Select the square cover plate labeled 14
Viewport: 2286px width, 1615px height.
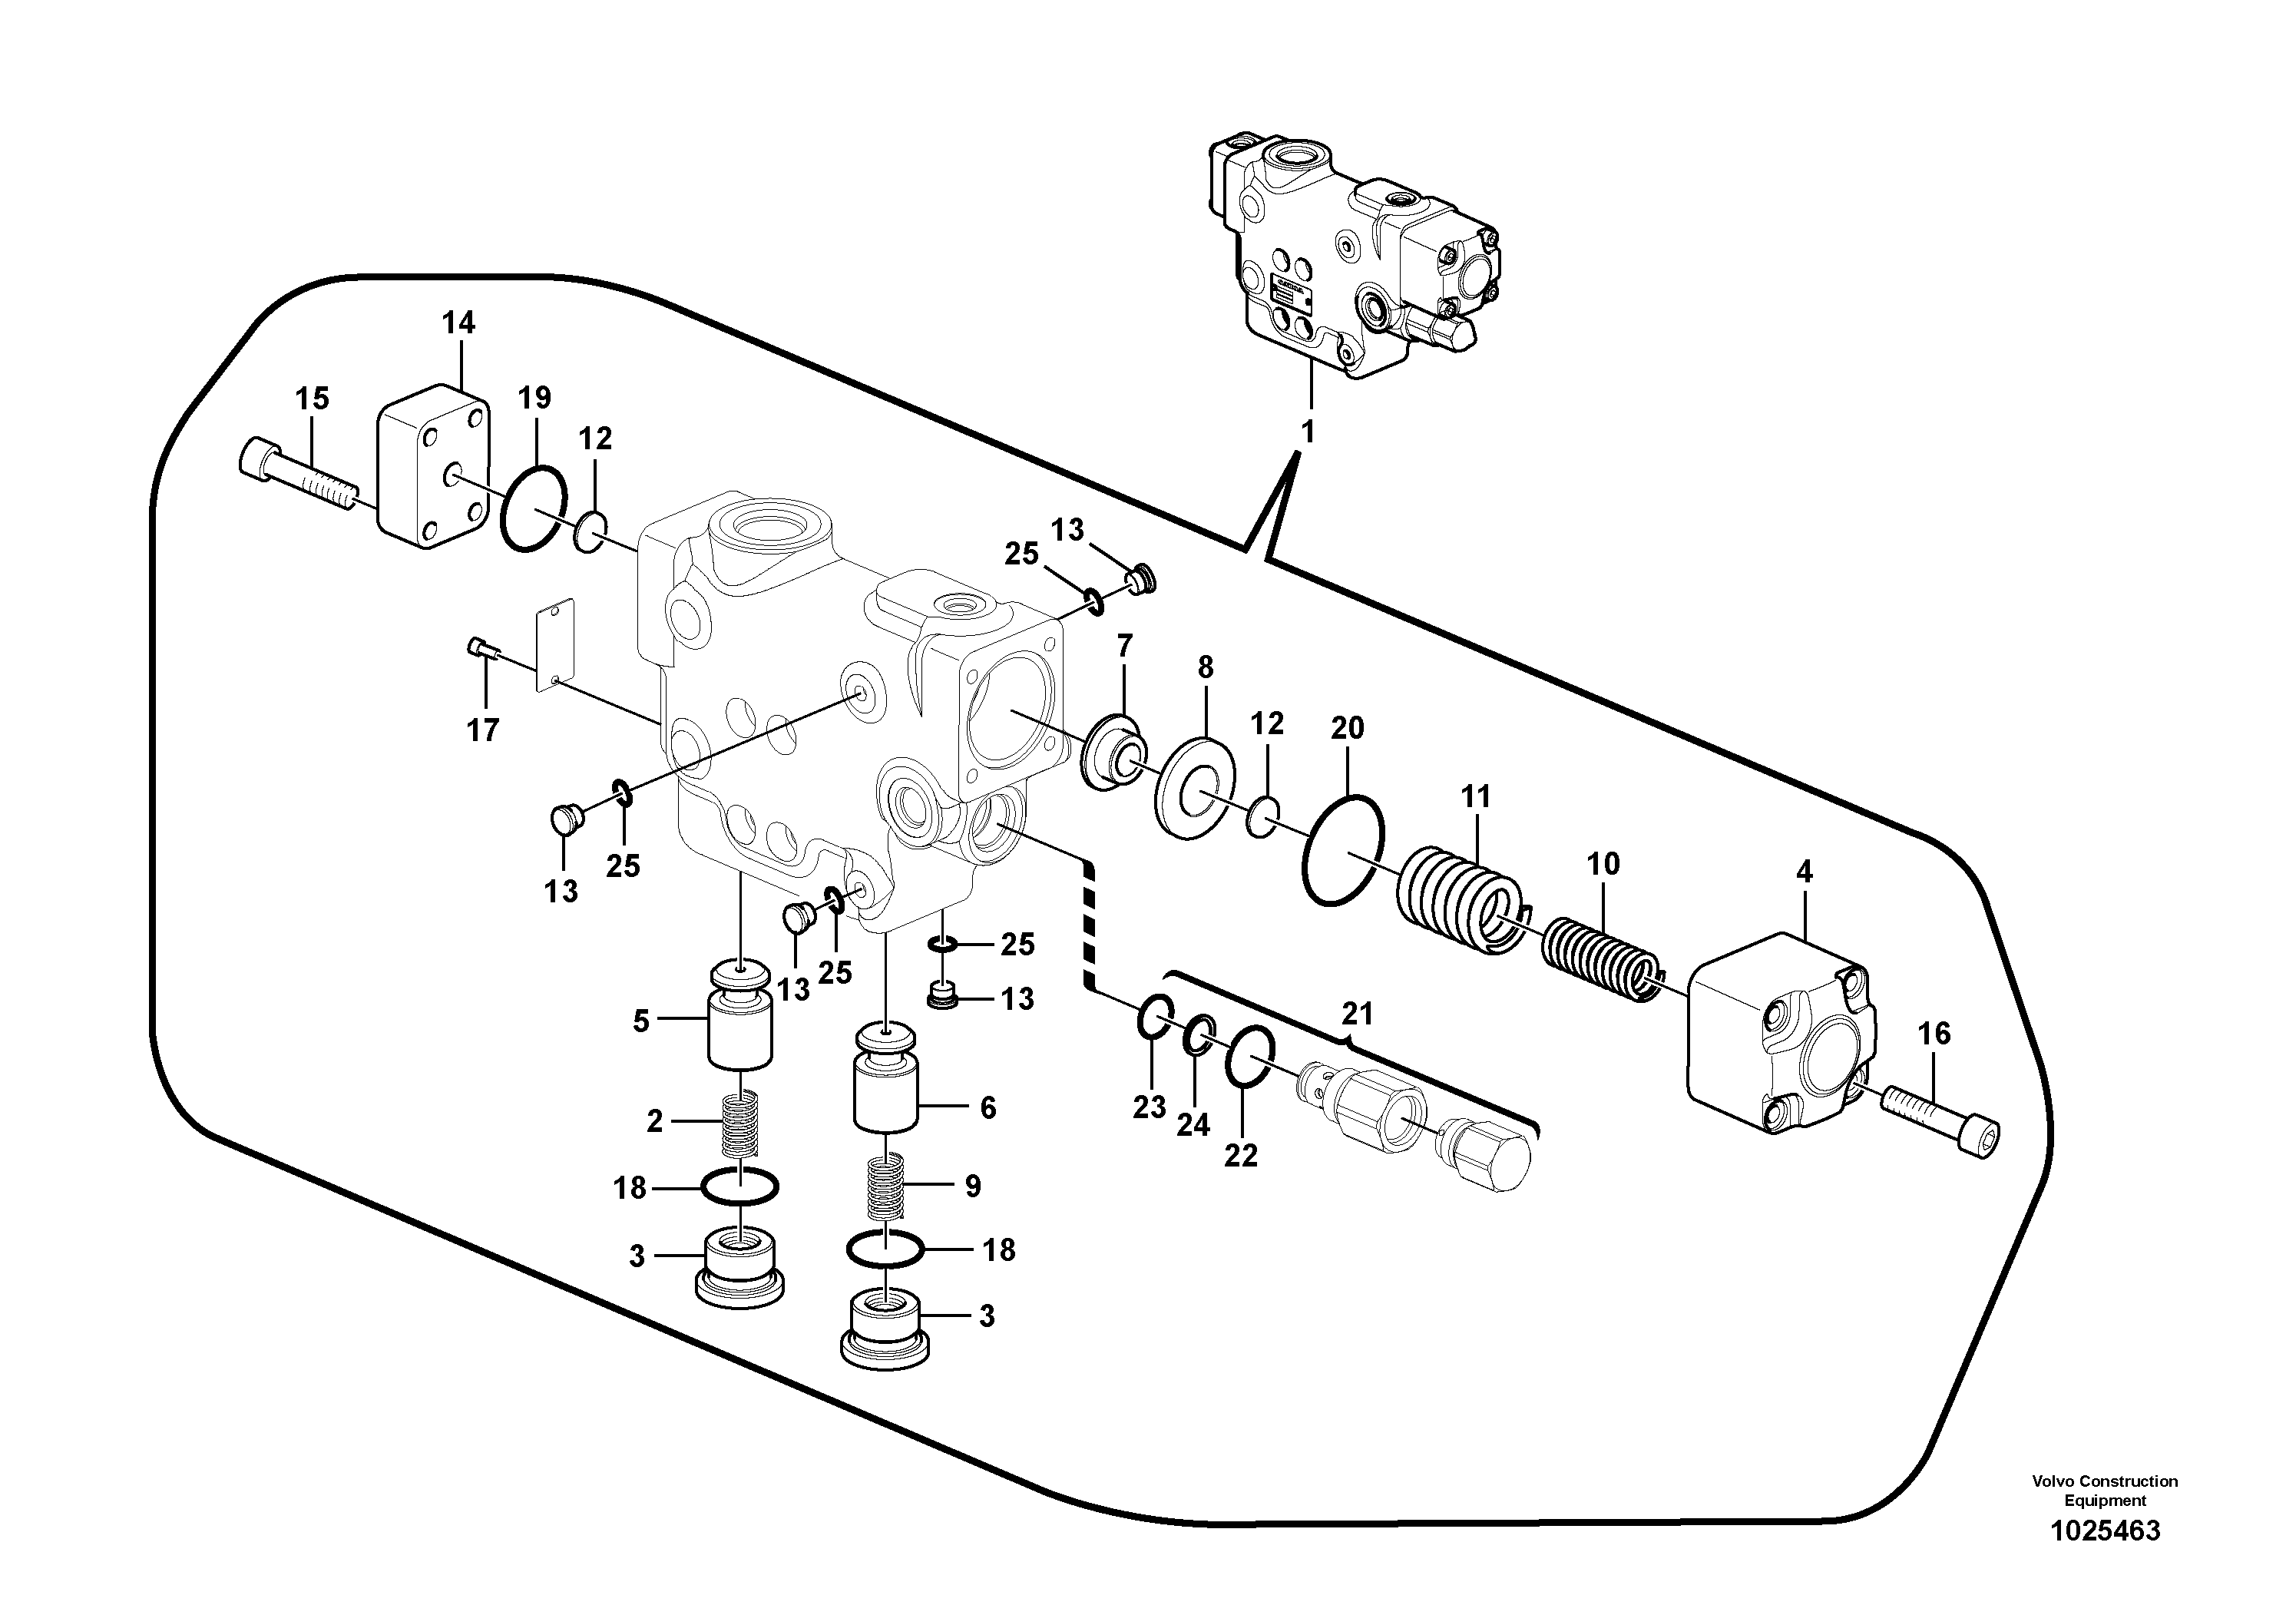(433, 467)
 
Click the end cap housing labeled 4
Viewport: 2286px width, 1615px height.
(1780, 1034)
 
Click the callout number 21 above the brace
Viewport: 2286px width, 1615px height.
(1357, 1014)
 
